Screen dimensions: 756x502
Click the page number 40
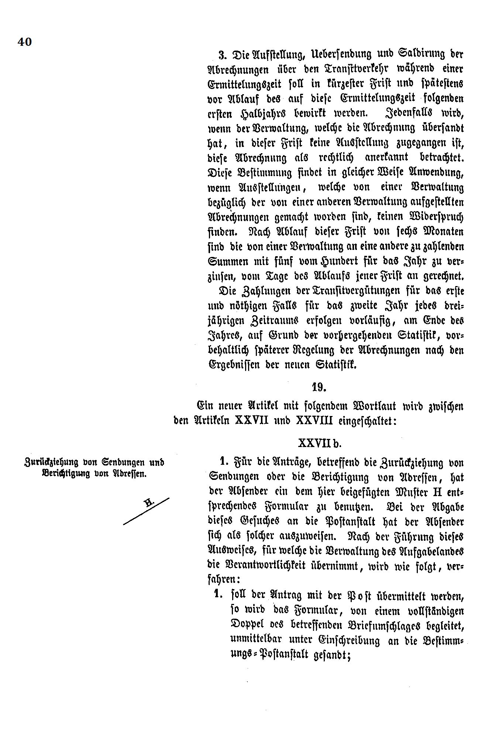25,42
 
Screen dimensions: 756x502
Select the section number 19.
318,387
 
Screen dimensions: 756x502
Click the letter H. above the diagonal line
149,502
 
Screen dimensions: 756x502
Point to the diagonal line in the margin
146,511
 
